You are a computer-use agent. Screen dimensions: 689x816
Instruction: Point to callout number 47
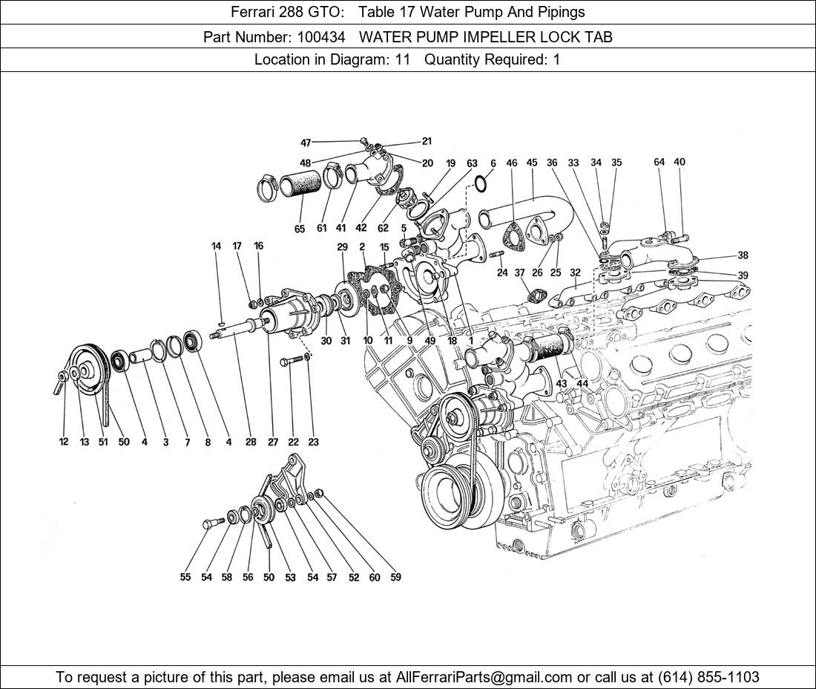tap(306, 143)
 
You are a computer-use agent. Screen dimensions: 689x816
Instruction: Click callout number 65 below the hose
tap(299, 229)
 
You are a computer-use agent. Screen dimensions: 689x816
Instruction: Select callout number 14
tap(217, 246)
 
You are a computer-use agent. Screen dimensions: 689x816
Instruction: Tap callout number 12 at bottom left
tap(64, 443)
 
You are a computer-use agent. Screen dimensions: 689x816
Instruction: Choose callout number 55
tap(185, 577)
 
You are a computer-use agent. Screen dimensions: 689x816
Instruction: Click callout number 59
tap(395, 577)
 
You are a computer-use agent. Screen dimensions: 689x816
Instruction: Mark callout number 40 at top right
tap(680, 162)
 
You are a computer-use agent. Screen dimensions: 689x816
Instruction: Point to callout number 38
tap(743, 255)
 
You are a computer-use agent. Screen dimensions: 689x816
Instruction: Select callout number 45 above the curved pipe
tap(532, 163)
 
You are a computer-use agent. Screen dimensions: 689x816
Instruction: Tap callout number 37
tap(519, 273)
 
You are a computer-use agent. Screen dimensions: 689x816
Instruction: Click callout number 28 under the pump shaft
tap(251, 443)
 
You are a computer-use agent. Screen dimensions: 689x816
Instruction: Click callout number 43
tap(562, 383)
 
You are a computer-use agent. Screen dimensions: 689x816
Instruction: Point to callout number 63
tap(472, 163)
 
